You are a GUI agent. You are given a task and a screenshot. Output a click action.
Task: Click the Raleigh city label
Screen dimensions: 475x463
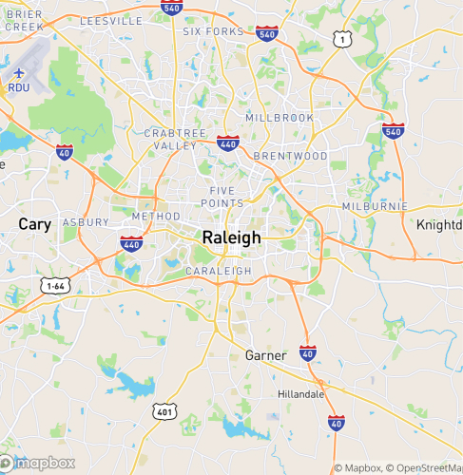point(231,237)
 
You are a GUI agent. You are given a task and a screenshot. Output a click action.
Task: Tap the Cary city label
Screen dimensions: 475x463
point(35,224)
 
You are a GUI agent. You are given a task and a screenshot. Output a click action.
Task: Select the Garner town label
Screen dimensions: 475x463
point(265,355)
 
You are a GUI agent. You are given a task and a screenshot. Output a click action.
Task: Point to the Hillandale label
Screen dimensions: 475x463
point(301,393)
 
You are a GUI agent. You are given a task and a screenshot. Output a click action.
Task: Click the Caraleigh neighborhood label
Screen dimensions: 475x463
point(220,271)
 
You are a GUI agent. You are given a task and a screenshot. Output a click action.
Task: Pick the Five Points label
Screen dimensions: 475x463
point(226,197)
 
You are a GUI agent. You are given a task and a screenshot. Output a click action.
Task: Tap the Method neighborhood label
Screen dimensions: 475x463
point(156,217)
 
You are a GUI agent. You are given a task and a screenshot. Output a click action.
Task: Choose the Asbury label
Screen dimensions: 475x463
point(87,221)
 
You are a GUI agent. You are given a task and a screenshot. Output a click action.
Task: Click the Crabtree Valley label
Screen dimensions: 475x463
point(171,140)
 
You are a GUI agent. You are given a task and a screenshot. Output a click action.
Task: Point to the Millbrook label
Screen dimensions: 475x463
point(280,117)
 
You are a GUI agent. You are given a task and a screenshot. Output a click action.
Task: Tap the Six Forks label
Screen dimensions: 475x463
point(214,31)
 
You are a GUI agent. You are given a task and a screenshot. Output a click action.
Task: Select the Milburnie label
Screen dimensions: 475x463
point(376,205)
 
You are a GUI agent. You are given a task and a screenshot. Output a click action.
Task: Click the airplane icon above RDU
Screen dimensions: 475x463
point(19,71)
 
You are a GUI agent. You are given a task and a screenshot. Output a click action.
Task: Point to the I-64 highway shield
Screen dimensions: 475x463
point(54,285)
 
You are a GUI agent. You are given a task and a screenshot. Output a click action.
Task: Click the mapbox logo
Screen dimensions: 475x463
point(39,464)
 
